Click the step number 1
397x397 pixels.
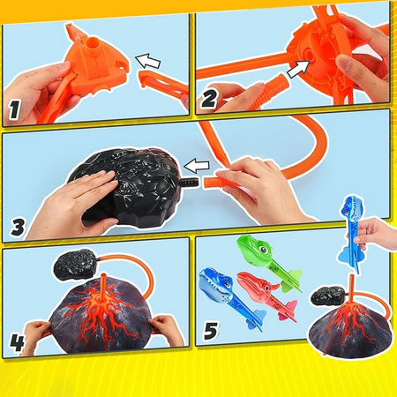[14, 109]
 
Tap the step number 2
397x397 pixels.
[209, 99]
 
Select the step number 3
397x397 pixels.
[19, 227]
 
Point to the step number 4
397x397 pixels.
[17, 342]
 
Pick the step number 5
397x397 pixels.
[211, 330]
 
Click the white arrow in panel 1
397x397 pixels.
[148, 61]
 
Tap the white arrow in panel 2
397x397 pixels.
[298, 69]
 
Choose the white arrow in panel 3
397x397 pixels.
[197, 167]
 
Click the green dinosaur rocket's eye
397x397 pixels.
[264, 250]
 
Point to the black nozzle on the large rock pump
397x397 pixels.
[189, 184]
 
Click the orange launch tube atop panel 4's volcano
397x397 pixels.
[103, 287]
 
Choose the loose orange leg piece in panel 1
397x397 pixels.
[163, 86]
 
